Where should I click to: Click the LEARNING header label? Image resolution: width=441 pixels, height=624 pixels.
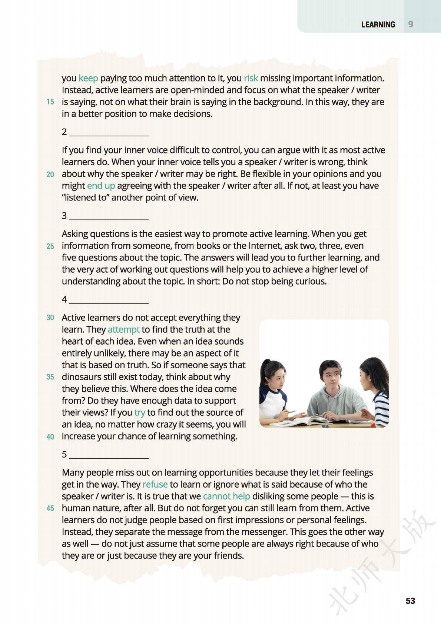point(378,24)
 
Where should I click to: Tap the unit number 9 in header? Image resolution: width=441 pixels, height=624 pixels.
point(411,24)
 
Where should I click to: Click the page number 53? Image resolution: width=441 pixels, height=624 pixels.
point(410,601)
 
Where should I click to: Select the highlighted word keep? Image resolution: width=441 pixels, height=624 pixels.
point(88,78)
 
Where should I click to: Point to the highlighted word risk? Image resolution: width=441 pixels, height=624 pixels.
point(251,78)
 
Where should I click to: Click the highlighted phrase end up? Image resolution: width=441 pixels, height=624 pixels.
point(101,186)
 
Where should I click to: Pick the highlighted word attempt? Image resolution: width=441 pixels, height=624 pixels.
point(123,329)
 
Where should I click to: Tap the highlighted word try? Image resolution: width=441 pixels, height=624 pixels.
point(139,412)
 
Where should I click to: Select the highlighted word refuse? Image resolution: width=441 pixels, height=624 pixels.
point(155,484)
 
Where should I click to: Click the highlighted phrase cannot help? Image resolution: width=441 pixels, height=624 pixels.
point(226,496)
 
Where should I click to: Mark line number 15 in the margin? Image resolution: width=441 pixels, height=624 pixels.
point(50,102)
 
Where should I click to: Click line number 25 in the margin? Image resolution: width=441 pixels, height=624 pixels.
point(50,246)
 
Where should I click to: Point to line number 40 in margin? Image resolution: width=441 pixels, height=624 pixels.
point(50,437)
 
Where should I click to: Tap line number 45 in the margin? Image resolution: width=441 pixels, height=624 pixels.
point(50,508)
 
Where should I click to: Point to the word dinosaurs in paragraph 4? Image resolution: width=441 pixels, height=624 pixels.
point(84,377)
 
